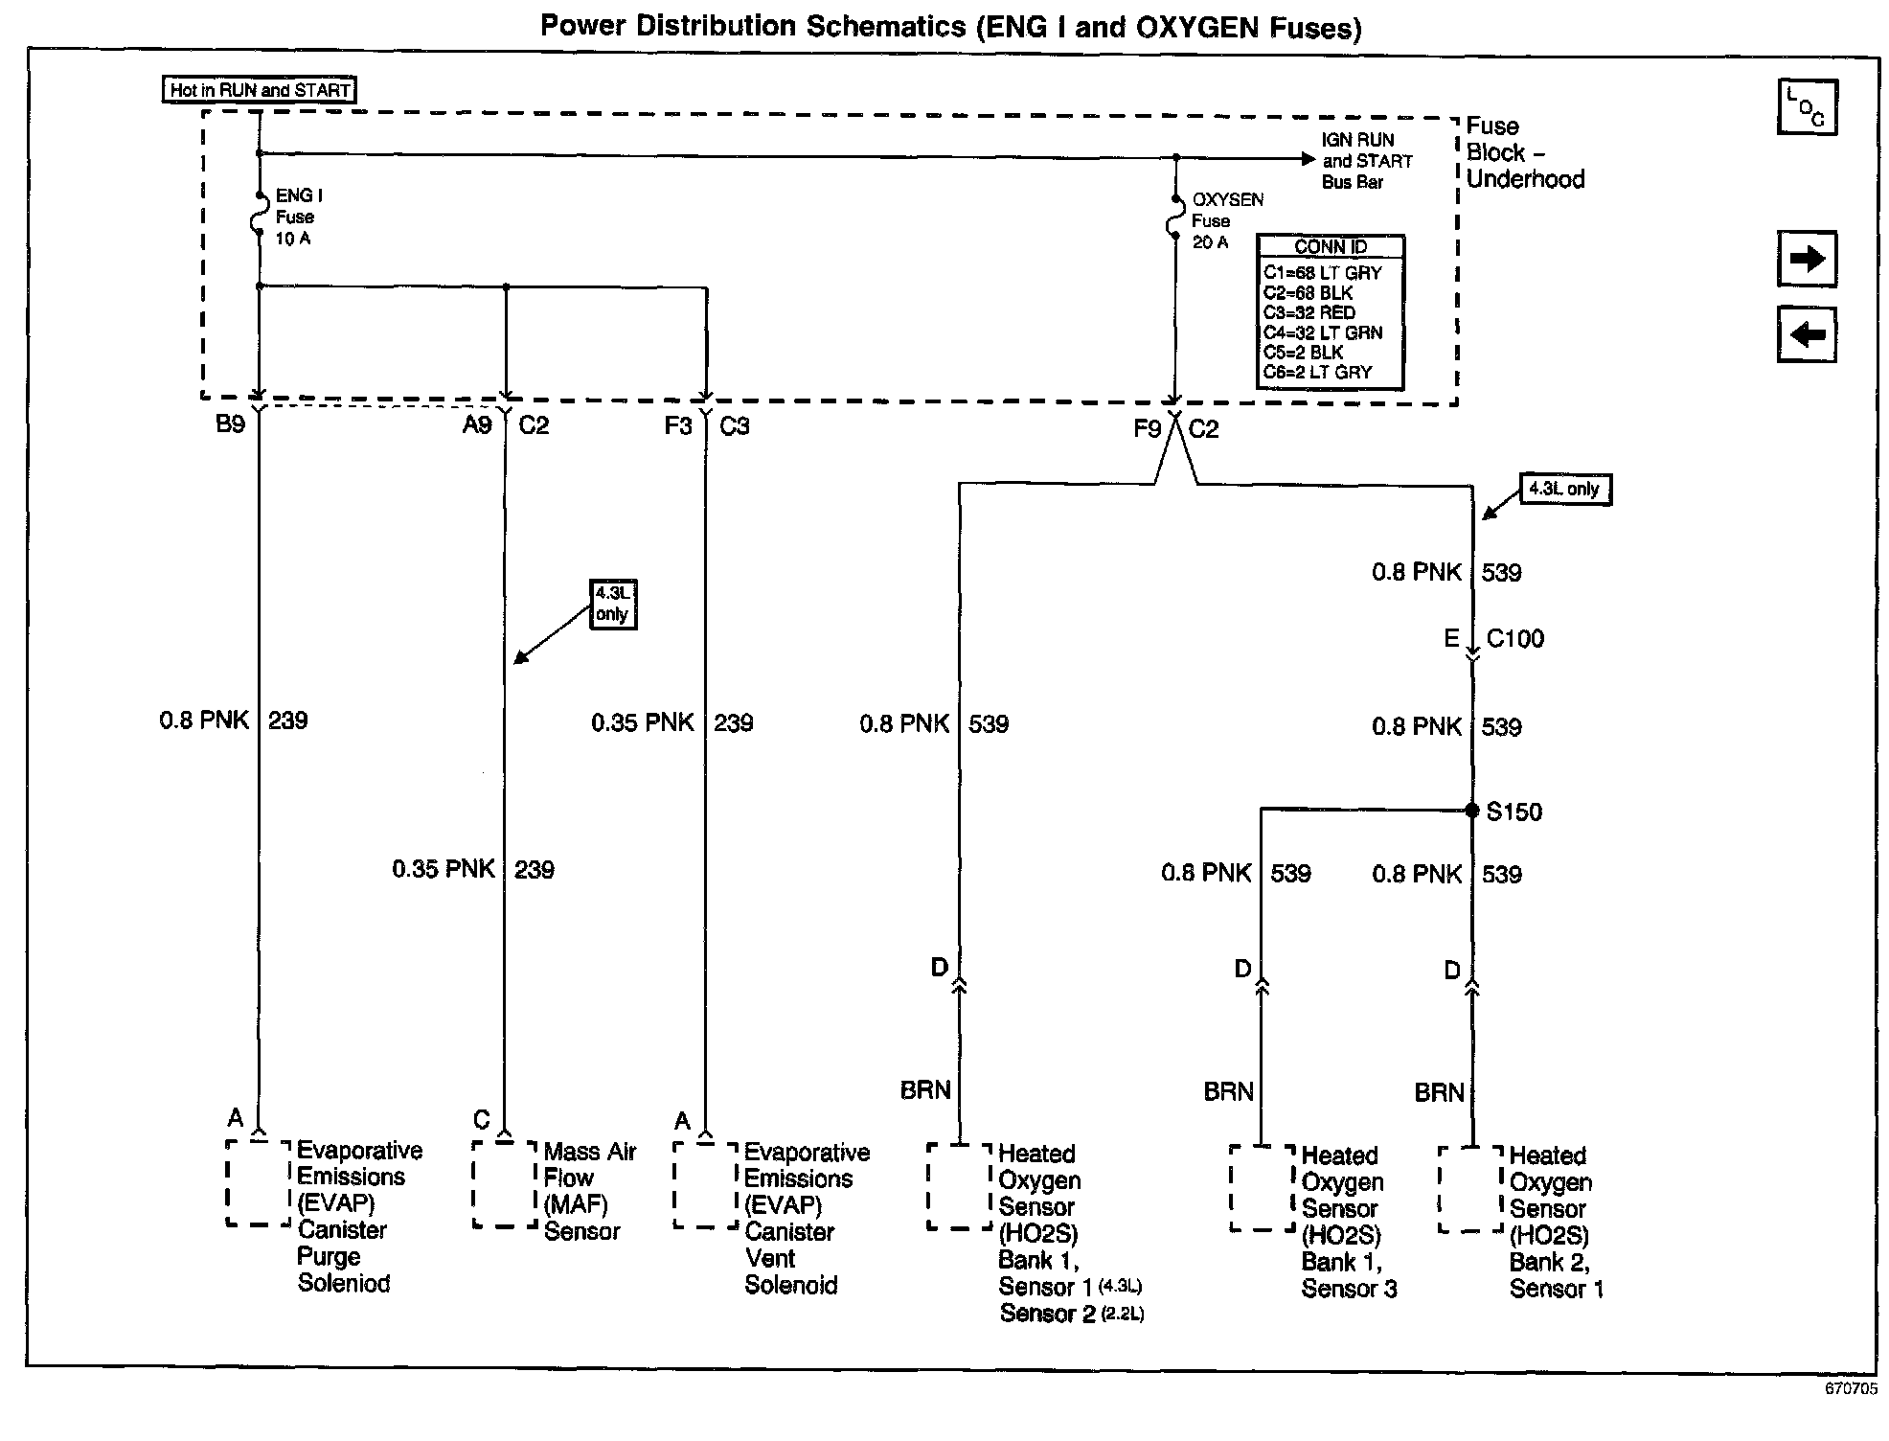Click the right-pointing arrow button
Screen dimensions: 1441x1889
tap(1807, 259)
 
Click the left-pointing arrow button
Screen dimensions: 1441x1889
tap(1807, 334)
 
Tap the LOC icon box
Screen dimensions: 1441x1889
tap(1807, 106)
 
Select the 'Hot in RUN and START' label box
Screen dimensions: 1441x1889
tap(260, 90)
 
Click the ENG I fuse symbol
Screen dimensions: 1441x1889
tap(259, 217)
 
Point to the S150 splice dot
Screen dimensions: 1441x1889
tap(1472, 811)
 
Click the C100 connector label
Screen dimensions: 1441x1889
tap(1514, 639)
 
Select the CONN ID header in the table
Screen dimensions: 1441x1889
tap(1331, 247)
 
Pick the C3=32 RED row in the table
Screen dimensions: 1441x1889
tap(1309, 312)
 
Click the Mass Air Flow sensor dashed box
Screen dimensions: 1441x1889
tap(505, 1183)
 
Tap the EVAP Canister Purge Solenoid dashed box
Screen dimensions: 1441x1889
tap(259, 1182)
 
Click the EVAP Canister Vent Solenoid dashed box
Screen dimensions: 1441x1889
tap(706, 1184)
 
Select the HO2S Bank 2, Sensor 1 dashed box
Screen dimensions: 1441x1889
tap(1471, 1188)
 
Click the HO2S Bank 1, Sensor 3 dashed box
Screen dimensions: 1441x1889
tap(1262, 1188)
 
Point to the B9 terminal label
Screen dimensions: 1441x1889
tap(231, 424)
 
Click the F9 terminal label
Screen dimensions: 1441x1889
tap(1147, 428)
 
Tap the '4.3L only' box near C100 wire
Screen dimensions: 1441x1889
tap(1565, 490)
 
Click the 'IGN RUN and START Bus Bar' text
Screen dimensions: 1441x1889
tap(1366, 161)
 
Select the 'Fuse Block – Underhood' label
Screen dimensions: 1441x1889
tap(1524, 153)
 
